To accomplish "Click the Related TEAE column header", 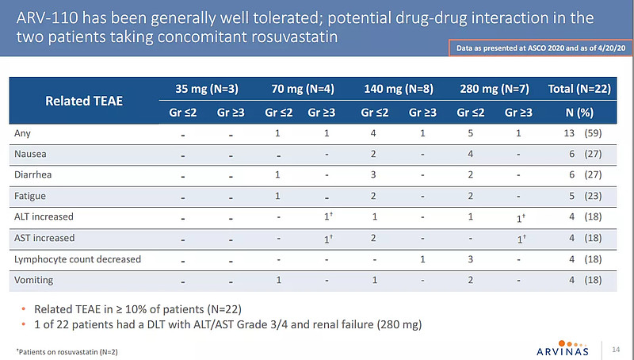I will pyautogui.click(x=78, y=101).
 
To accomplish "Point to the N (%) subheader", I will pyautogui.click(x=578, y=113).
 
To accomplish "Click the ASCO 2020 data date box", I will pyautogui.click(x=537, y=49).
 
